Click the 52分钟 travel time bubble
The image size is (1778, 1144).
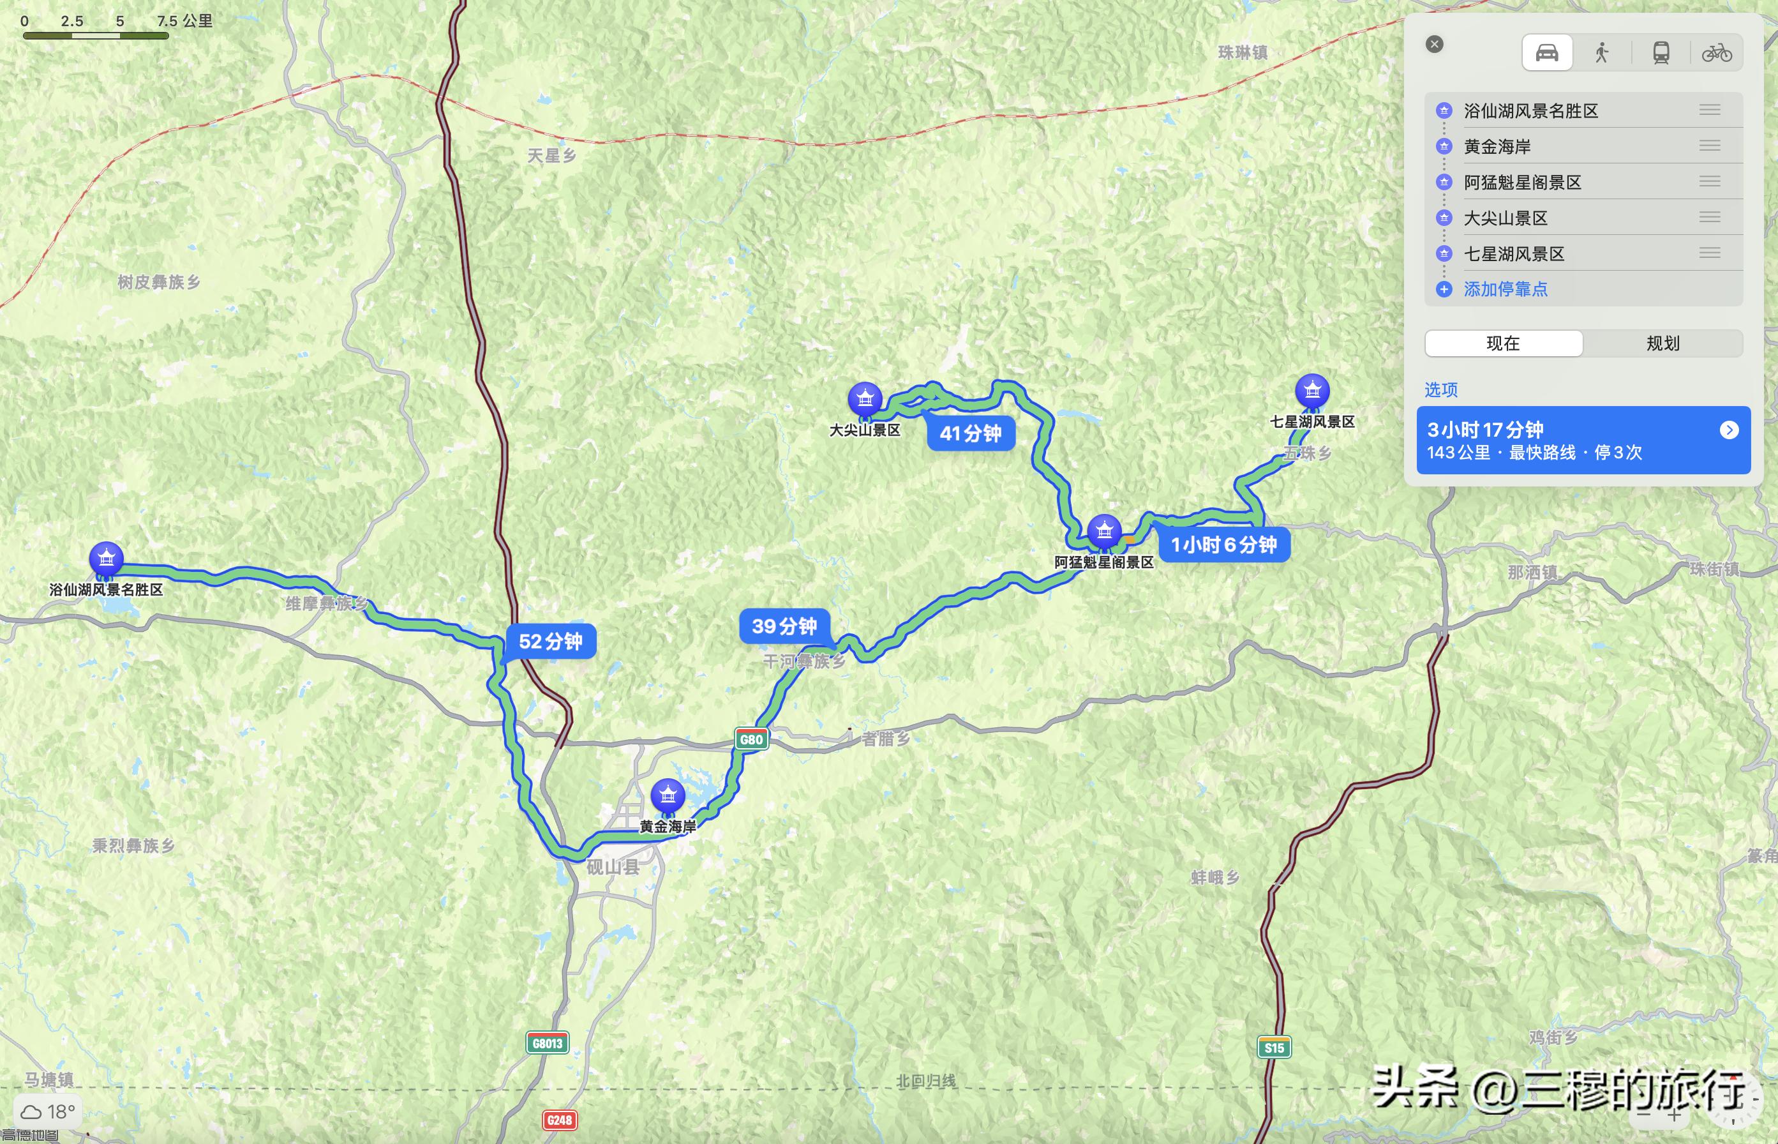pos(550,641)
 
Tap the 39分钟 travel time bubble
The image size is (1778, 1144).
pos(784,626)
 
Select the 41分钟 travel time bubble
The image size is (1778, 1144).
pos(971,433)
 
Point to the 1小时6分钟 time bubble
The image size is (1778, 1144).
pos(1224,545)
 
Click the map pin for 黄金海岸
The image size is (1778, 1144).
pos(668,795)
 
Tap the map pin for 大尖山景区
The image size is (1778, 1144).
pos(865,399)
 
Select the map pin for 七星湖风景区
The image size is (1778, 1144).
pos(1312,391)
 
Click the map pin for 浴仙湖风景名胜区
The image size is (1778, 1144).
pos(106,559)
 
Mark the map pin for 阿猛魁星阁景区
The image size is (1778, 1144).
pos(1104,531)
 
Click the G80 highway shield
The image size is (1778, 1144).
pos(752,739)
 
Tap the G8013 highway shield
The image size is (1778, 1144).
pos(548,1043)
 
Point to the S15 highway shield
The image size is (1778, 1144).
pos(1274,1048)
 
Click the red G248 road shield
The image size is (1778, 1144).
pos(559,1120)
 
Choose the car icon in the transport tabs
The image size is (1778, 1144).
pos(1547,53)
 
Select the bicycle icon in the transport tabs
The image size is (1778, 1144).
pos(1716,53)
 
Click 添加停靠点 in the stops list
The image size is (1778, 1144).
pos(1505,289)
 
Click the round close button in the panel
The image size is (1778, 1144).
pos(1435,45)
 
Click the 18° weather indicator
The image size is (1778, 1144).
pos(49,1111)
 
